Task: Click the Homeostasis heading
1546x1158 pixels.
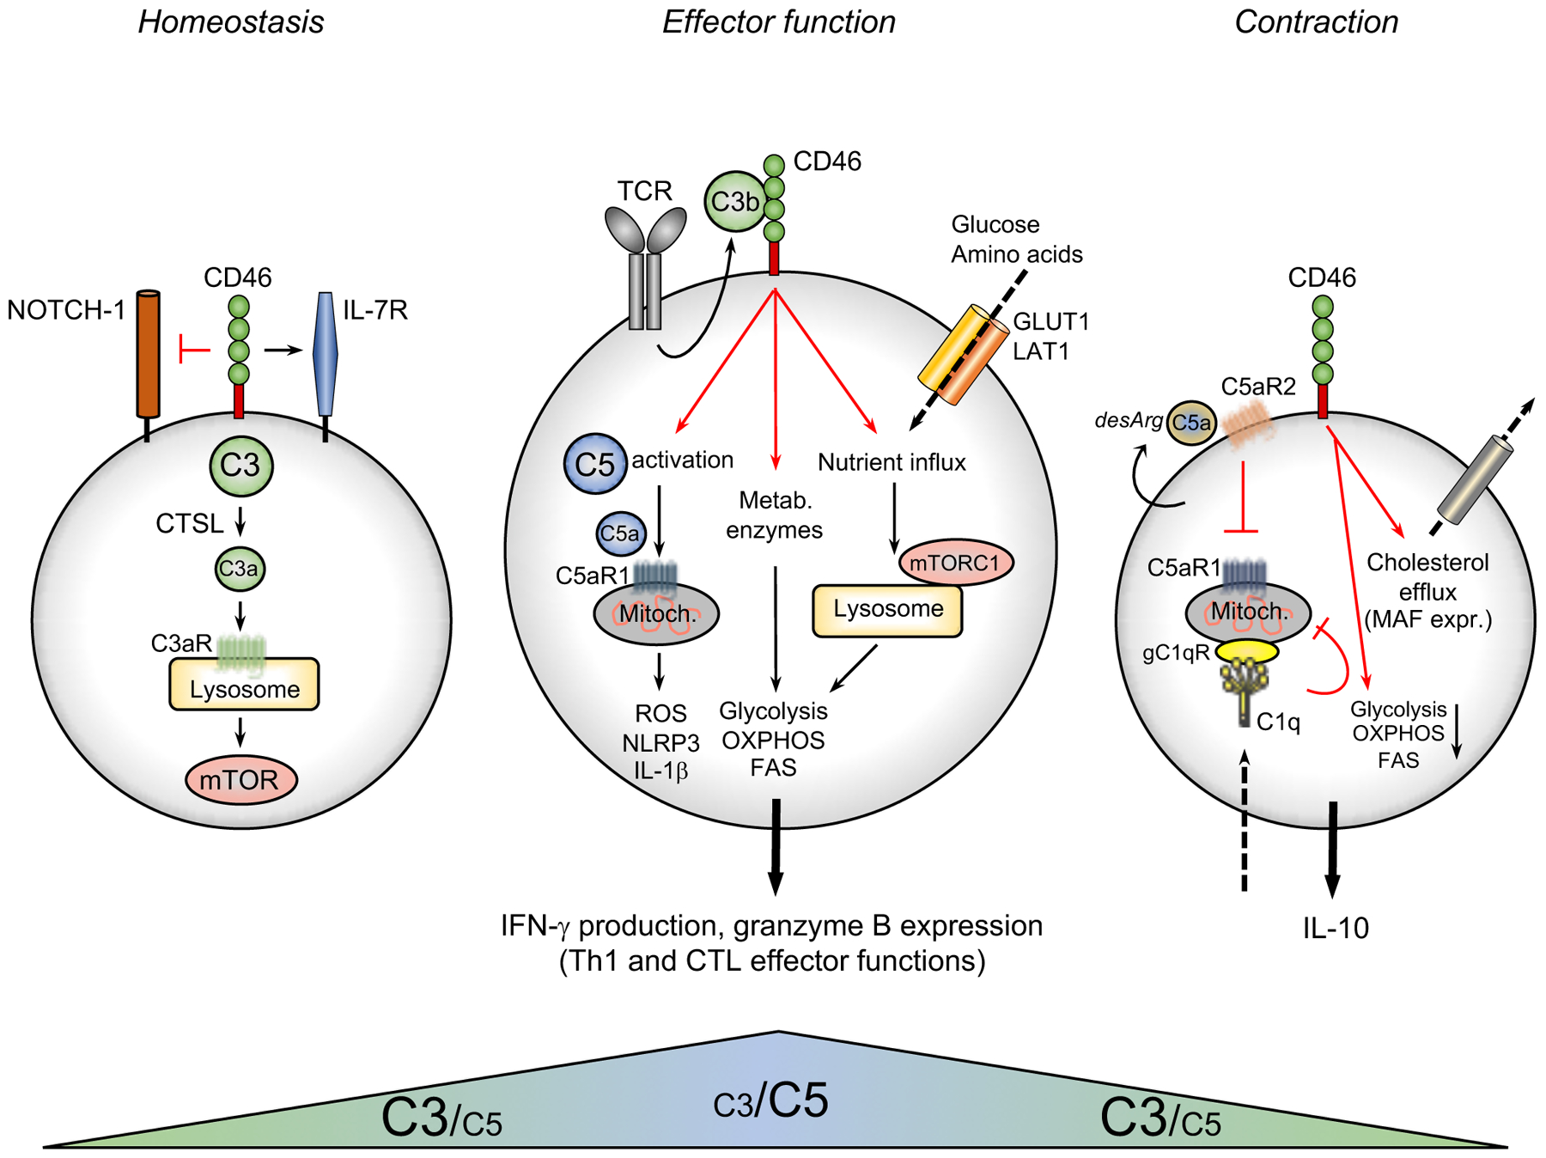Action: coord(231,22)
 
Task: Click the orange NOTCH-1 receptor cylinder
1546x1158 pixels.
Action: coord(149,354)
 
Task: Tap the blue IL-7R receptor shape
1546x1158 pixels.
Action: coord(326,354)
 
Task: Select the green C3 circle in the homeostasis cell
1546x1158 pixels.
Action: coord(240,466)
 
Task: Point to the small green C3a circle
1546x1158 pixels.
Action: coord(240,569)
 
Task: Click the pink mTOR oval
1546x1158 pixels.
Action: coord(240,780)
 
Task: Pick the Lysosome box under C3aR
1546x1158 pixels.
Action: coord(245,686)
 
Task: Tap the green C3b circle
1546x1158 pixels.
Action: coord(735,202)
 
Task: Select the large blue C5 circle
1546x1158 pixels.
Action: coord(595,464)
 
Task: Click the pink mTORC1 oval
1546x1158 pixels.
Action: coord(955,563)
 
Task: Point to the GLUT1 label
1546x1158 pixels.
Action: coord(1051,321)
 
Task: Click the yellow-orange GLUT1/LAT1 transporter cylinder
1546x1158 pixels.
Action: coord(963,354)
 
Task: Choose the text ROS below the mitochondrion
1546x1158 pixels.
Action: coord(660,713)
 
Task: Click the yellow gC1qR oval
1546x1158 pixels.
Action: coord(1247,651)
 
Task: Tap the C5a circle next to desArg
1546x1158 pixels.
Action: coord(1190,423)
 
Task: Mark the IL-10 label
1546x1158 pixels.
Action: coord(1336,929)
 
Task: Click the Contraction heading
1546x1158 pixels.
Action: coord(1316,22)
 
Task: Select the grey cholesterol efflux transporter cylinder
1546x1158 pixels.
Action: coord(1474,481)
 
